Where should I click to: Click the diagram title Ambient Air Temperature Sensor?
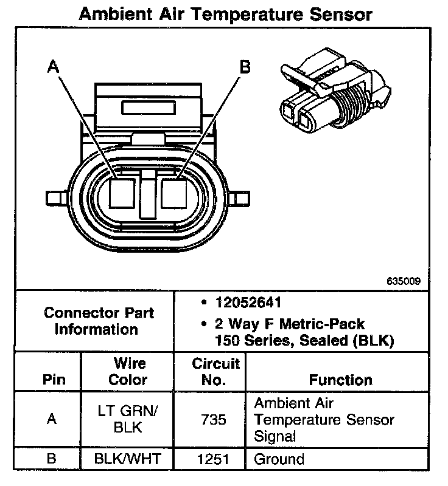226,14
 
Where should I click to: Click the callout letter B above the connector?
245,67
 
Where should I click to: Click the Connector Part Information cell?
99,321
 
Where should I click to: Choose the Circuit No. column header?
216,372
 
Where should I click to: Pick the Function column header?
340,380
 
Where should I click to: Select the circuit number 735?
216,420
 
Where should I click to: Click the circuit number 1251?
216,459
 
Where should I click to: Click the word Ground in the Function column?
279,459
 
